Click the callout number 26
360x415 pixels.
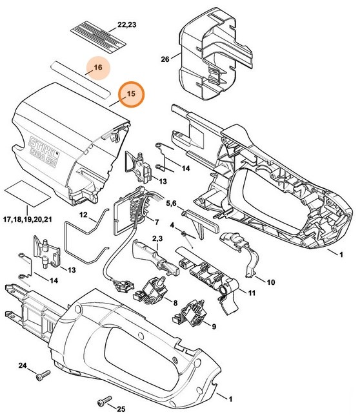165,59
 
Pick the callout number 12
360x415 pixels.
84,215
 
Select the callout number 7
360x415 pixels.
155,222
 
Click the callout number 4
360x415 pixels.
173,225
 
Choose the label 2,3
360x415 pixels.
157,238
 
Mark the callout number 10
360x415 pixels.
270,281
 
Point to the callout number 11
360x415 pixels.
250,294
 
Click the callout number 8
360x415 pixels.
175,302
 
